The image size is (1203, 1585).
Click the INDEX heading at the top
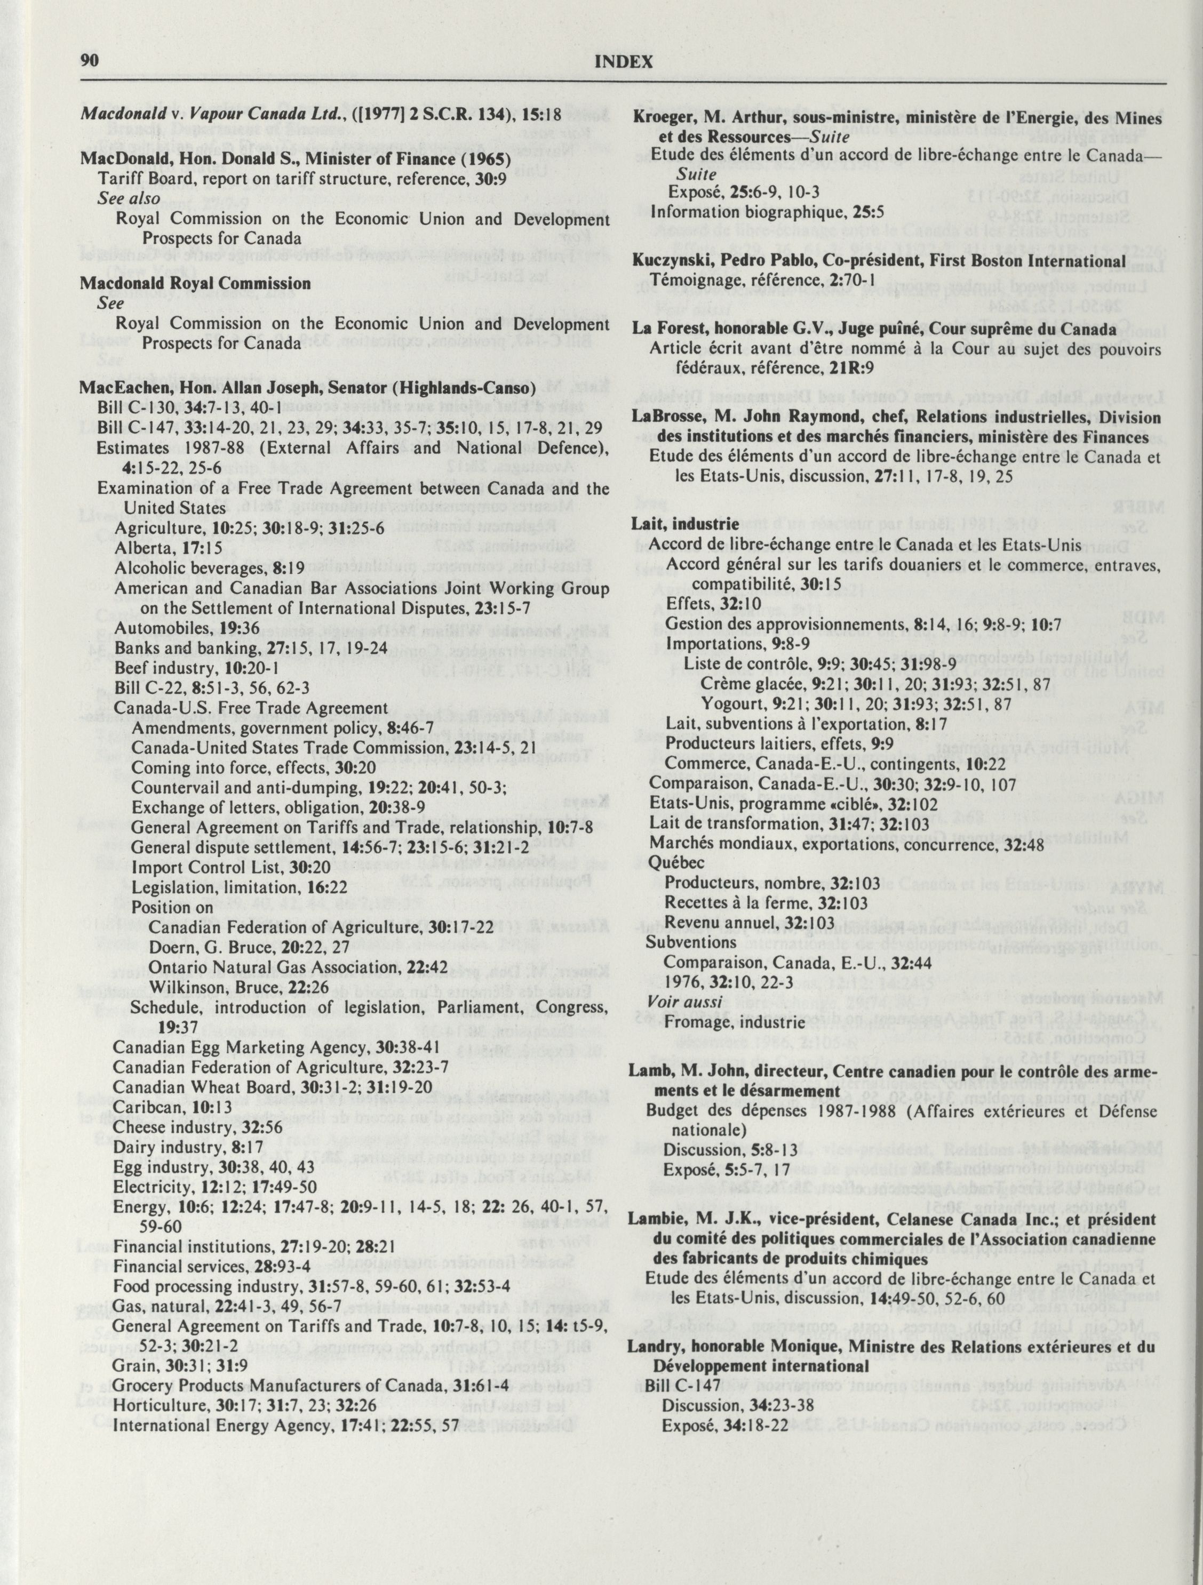[623, 62]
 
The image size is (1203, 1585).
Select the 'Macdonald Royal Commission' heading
[195, 283]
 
